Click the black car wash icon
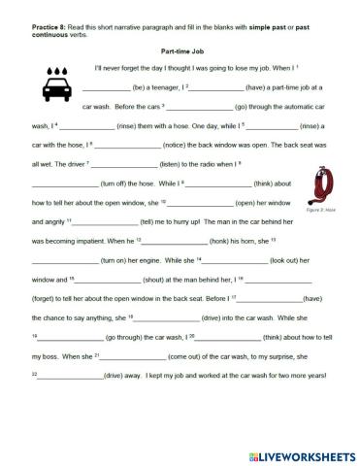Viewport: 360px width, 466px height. (x=57, y=85)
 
